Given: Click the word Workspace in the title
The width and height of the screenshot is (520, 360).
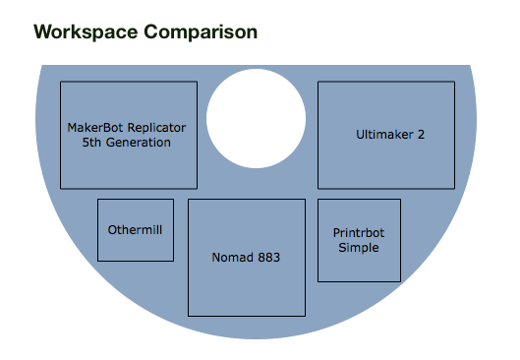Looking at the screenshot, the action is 86,32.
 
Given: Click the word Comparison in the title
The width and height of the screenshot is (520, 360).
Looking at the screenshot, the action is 201,31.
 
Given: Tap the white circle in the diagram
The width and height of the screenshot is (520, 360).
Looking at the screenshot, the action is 256,118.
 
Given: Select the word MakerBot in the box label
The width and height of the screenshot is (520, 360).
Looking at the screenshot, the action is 95,128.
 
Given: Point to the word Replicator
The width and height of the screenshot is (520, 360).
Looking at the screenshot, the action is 156,128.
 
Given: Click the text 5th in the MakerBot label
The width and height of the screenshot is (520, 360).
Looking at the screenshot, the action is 91,143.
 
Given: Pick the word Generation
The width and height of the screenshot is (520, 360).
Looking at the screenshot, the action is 139,143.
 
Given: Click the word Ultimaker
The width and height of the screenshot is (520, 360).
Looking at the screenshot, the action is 384,135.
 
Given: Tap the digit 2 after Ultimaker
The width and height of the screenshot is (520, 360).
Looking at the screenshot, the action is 421,135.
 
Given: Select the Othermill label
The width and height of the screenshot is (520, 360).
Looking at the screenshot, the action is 135,230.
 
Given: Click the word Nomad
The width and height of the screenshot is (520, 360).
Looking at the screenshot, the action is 232,258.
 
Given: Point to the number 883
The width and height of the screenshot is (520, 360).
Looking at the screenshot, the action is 269,258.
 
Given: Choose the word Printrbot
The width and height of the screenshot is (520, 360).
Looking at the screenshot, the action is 359,233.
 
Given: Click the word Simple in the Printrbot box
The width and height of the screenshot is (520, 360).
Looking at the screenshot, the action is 359,248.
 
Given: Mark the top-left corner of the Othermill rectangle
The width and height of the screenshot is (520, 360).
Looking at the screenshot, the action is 98,200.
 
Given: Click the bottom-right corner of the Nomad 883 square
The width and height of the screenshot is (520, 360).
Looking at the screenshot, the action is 305,316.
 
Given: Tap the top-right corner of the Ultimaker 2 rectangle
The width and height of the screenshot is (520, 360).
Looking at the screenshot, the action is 454,82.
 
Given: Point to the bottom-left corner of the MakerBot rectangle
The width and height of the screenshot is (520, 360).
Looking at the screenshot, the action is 61,189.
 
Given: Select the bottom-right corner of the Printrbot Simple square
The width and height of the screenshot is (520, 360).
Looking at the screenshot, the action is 400,281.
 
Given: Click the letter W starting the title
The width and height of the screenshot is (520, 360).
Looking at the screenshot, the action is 43,32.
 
